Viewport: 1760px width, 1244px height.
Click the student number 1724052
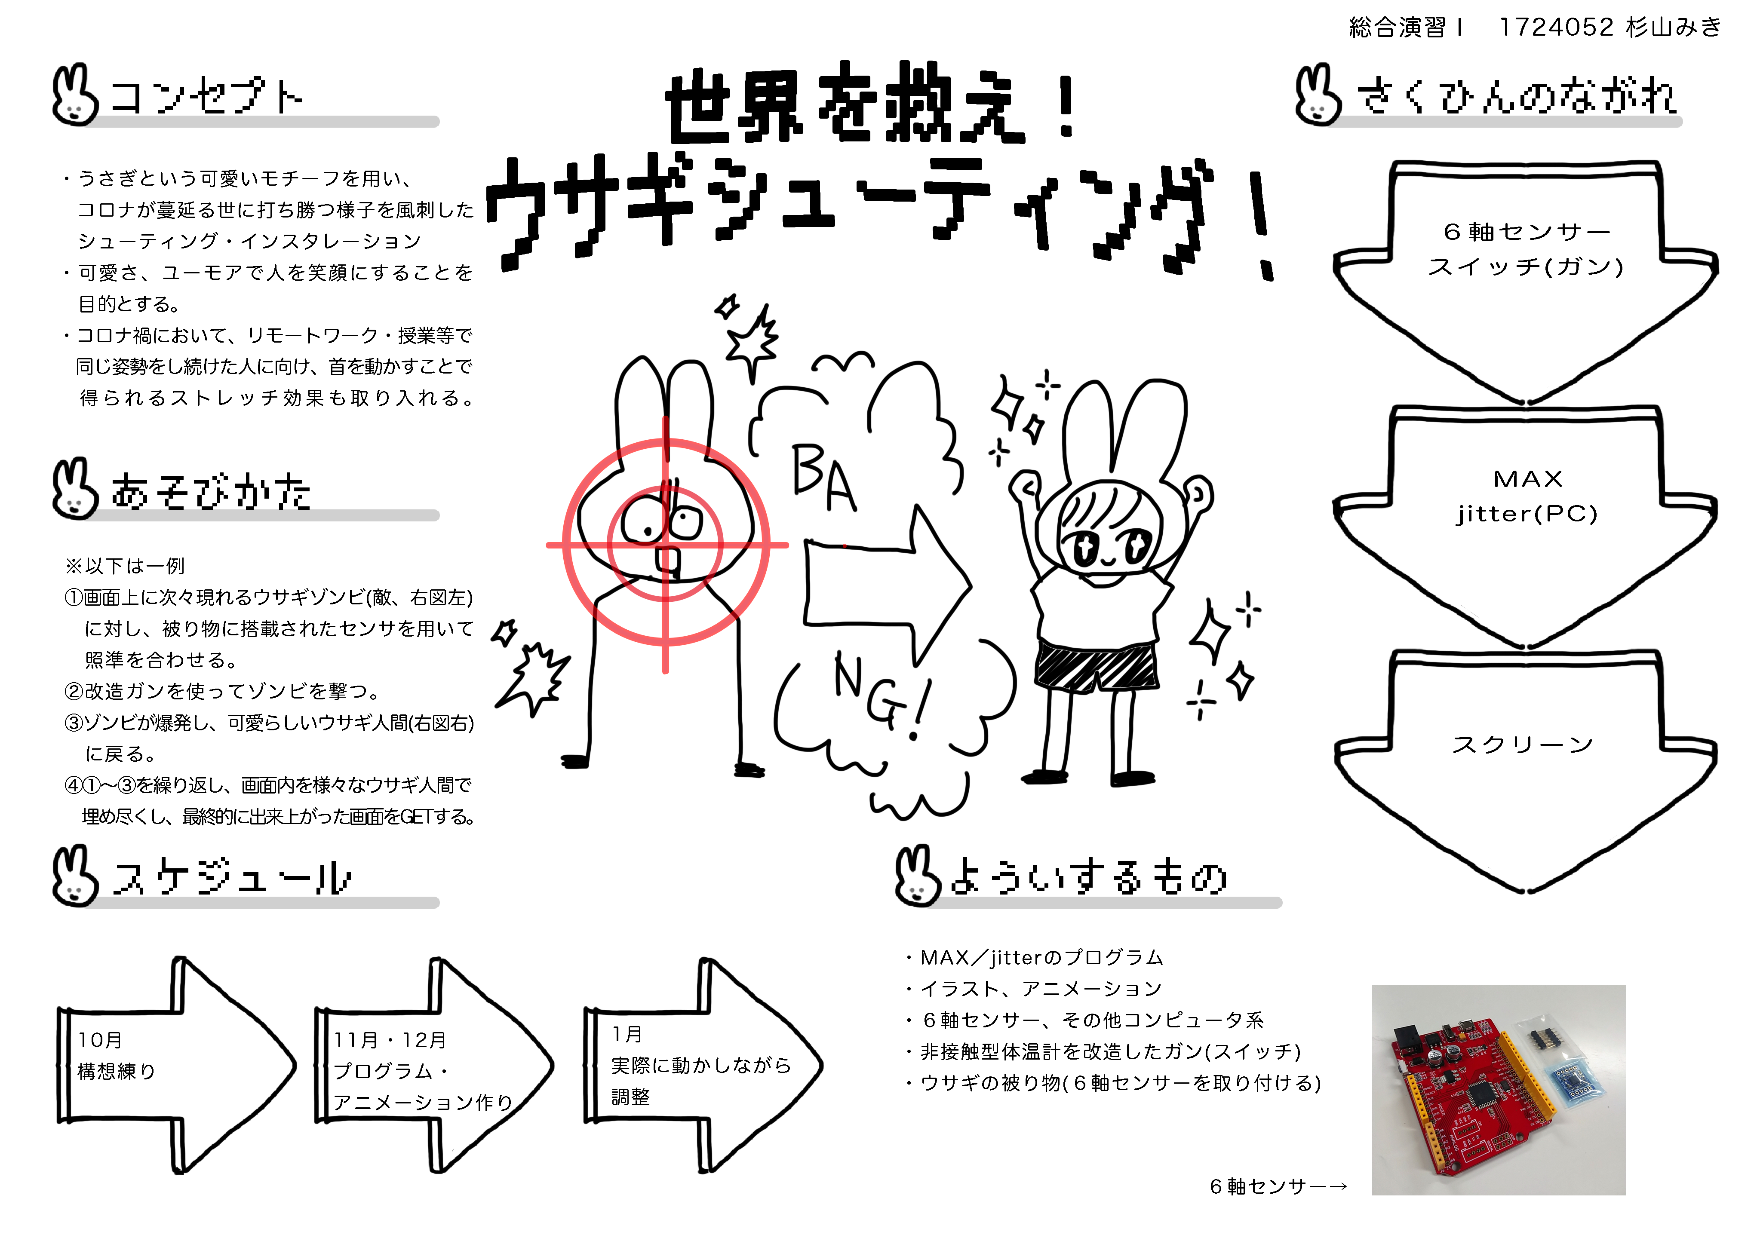(1556, 28)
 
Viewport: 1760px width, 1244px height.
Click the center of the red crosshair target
(665, 545)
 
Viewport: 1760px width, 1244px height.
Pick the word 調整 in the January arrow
(630, 1097)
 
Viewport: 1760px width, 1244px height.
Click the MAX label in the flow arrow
(1527, 479)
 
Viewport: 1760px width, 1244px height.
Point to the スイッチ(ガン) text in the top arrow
(1526, 267)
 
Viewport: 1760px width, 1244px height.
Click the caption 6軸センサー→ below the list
(1278, 1186)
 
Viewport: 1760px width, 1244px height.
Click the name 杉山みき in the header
(1674, 28)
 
